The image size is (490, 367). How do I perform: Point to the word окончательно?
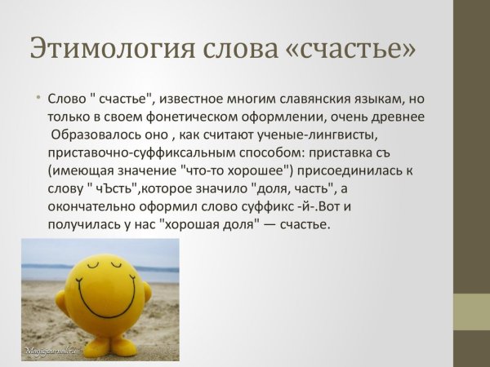tap(91, 207)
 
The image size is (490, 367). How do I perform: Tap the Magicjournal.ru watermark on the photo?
tap(53, 352)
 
